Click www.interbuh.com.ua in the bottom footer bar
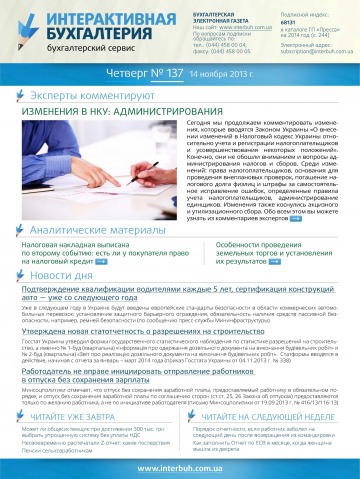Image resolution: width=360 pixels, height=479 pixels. [x=179, y=467]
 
